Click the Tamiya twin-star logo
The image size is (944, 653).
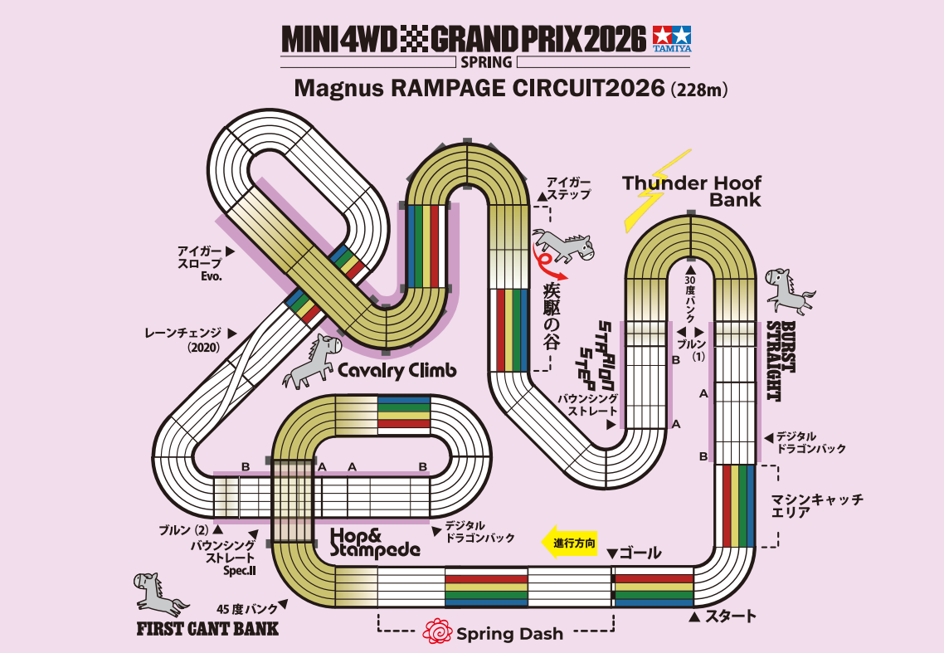pos(672,37)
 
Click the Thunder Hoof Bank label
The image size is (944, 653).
pos(692,191)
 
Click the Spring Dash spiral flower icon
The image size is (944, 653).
pos(436,633)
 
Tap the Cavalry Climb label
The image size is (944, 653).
pos(397,371)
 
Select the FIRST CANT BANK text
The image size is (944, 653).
pos(207,628)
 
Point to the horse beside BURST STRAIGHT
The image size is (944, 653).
pos(789,290)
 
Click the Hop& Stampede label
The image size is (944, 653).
pos(375,541)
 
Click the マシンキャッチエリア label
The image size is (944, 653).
pos(817,506)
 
